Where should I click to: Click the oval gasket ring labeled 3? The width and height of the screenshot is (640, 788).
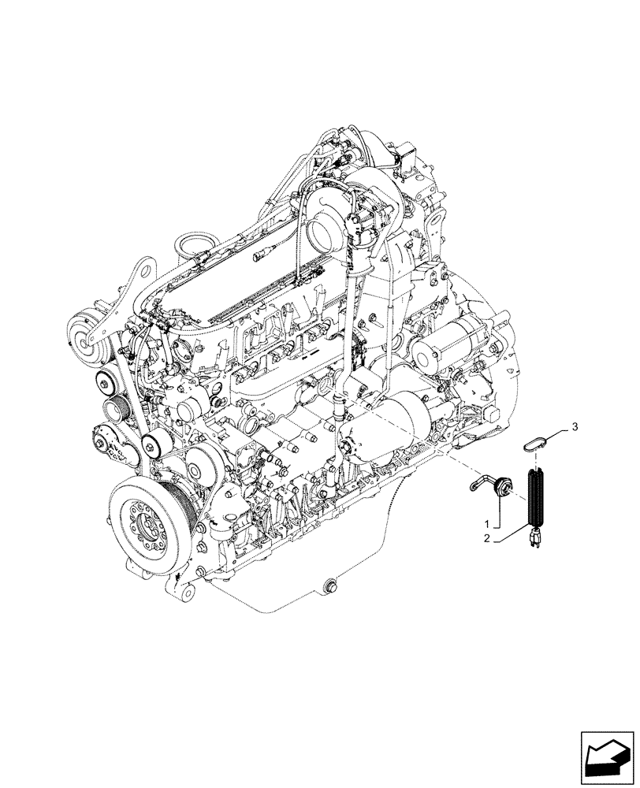534,440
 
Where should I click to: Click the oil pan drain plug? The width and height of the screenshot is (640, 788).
329,585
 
